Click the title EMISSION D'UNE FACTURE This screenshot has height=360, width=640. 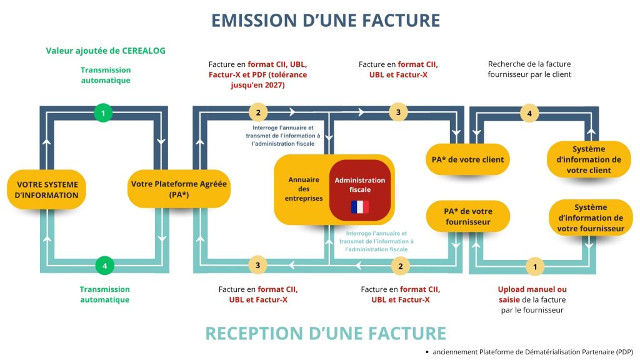(x=325, y=20)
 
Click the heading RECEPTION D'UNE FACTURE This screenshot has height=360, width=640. (x=326, y=333)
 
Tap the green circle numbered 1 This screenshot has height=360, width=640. (x=103, y=113)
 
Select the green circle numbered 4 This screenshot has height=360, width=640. (x=104, y=266)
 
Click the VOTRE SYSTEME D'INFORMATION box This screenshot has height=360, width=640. (x=47, y=189)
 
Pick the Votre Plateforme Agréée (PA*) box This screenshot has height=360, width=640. (x=179, y=189)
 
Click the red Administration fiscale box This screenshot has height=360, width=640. (x=359, y=190)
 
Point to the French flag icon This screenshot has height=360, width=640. (x=359, y=207)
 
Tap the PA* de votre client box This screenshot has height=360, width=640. (x=467, y=159)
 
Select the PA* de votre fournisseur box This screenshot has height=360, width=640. (x=467, y=216)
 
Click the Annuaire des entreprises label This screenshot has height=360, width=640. (x=304, y=189)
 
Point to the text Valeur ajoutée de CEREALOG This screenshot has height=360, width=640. (x=106, y=51)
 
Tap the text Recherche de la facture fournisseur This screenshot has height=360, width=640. (x=529, y=69)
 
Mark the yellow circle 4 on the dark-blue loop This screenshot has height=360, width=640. (x=529, y=113)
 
